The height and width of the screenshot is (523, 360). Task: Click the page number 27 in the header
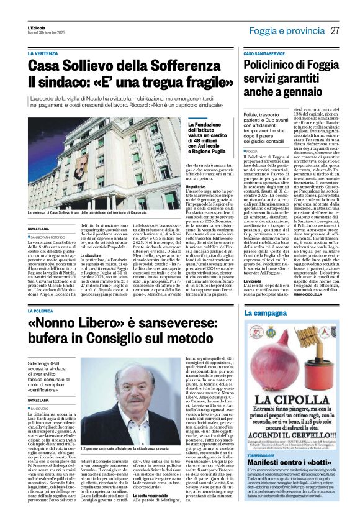click(335, 30)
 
